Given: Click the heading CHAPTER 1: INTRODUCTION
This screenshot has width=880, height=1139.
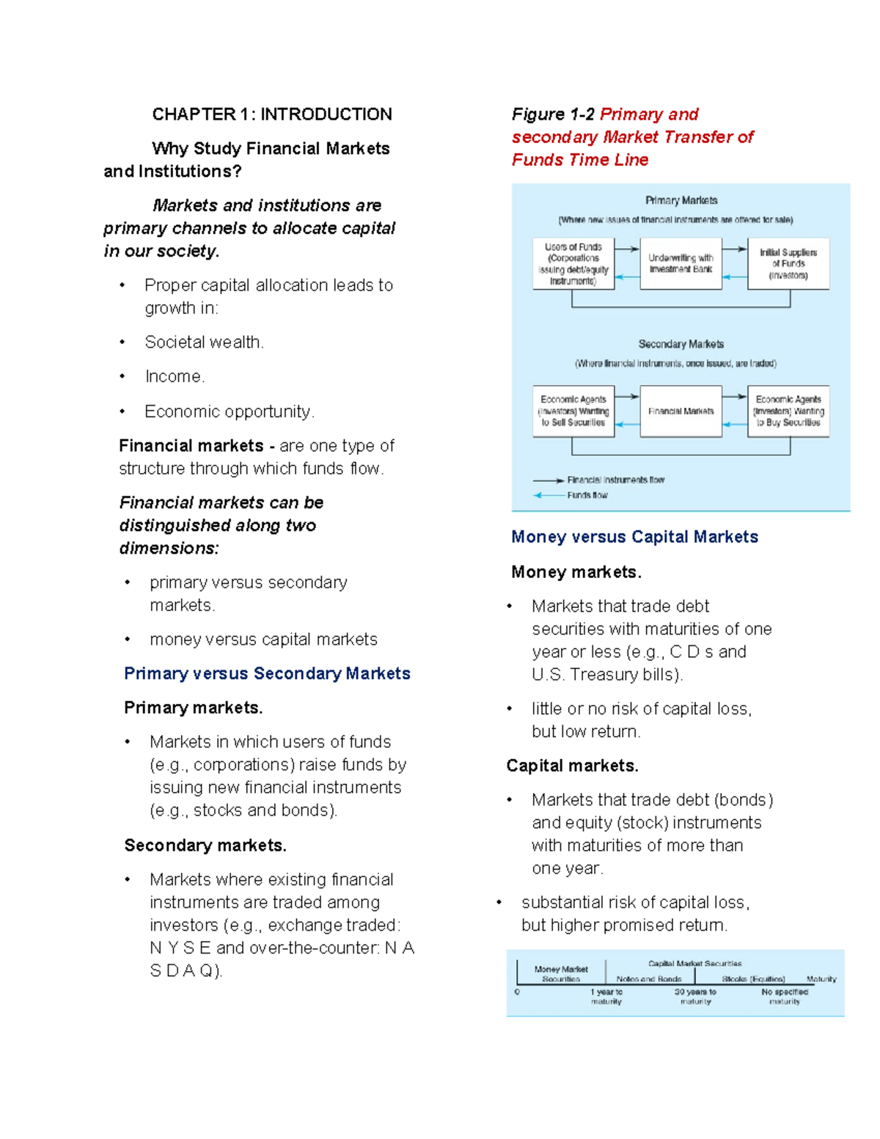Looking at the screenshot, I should tap(271, 114).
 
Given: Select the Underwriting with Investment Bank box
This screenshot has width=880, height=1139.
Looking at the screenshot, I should tap(681, 263).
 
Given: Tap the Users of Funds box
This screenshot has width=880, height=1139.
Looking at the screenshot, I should tap(573, 263).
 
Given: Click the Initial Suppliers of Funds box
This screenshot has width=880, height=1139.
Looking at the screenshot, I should tap(788, 263).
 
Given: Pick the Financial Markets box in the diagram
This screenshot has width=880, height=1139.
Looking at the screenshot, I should tap(681, 411).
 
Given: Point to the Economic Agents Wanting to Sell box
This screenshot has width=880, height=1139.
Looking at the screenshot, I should tap(573, 411).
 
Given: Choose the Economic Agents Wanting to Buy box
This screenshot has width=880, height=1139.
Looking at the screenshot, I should tap(788, 411).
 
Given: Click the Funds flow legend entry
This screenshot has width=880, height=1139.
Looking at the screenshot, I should tap(587, 495).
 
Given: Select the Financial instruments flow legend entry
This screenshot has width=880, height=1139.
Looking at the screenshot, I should tap(615, 480).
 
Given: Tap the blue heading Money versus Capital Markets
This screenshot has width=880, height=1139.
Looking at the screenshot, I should tap(634, 537).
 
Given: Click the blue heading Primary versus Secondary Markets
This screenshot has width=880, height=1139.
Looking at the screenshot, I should tap(267, 673).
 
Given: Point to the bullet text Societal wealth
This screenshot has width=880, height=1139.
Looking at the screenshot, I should tap(204, 343).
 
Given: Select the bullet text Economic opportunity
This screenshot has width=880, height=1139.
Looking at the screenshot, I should tap(229, 411).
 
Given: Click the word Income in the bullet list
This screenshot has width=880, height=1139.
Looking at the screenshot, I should tap(175, 377).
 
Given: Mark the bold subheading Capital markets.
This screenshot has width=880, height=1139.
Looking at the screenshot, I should tap(572, 766).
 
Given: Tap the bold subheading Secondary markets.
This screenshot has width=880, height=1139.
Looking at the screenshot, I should tap(205, 846).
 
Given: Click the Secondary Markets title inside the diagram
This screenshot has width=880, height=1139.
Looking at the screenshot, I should tap(681, 344).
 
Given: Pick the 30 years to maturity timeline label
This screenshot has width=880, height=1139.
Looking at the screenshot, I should tap(695, 996).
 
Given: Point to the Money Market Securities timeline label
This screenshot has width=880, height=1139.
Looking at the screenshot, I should tap(561, 974).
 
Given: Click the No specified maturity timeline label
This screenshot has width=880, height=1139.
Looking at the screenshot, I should tap(784, 996).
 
